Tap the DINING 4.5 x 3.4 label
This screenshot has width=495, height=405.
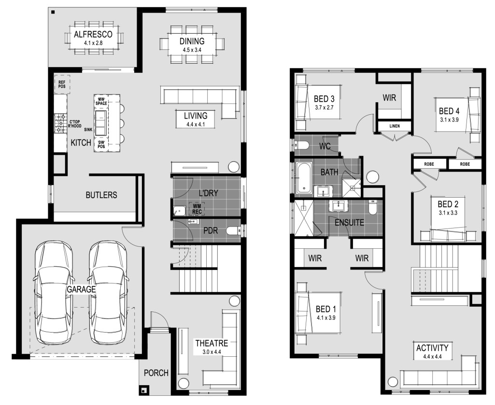(192, 45)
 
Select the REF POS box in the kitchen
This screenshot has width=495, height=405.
(62, 84)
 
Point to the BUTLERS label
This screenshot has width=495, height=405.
(101, 195)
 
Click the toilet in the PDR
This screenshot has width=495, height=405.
(233, 231)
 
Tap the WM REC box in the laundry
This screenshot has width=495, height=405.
(197, 209)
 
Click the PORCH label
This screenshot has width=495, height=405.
(156, 373)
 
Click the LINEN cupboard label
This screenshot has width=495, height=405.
(395, 126)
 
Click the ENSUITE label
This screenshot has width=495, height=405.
(349, 223)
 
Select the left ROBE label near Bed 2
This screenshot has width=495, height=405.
(429, 164)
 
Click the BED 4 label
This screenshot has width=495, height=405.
(449, 111)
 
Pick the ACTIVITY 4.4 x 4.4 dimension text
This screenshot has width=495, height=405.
(432, 357)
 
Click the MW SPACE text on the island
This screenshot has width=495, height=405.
(101, 101)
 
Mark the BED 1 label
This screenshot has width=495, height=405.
(326, 309)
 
